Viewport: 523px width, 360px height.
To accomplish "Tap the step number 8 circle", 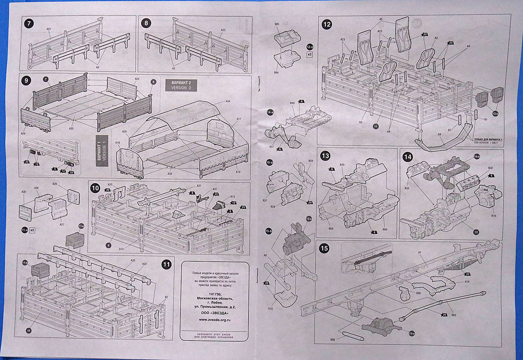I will (x=146, y=24).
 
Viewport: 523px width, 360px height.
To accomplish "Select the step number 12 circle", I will (x=327, y=25).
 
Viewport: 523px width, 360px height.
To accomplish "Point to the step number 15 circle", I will (x=324, y=248).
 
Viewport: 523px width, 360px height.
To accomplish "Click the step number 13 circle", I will (x=325, y=156).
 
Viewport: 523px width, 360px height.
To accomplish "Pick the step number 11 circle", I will (x=166, y=265).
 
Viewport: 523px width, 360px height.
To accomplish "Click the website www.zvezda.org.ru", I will (x=214, y=320).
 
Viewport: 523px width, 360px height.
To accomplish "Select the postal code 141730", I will (x=214, y=293).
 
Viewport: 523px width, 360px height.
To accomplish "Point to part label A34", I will (x=228, y=101).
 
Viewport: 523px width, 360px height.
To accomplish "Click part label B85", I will (x=277, y=24).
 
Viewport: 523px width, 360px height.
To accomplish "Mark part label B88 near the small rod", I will (x=332, y=339).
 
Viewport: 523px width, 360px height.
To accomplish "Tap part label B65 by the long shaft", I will (x=454, y=315).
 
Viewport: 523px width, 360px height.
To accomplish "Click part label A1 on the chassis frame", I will (x=420, y=253).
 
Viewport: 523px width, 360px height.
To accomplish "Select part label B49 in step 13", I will (x=342, y=164).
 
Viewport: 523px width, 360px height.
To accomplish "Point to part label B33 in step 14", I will (x=407, y=188).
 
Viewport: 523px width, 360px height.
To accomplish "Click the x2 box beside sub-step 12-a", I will (x=309, y=55).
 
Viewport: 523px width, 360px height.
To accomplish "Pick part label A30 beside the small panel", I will (x=24, y=192).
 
